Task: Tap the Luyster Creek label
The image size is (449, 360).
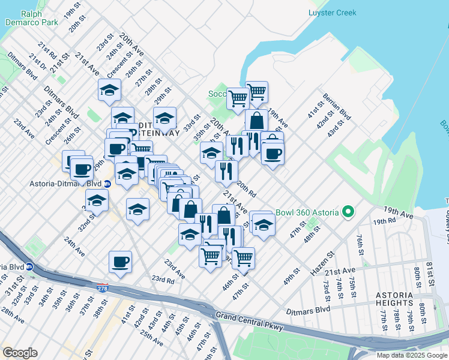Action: point(332,13)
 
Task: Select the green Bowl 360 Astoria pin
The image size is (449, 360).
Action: point(347,212)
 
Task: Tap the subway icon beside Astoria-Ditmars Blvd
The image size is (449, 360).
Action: point(107,184)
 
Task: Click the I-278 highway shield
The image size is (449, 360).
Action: point(103,288)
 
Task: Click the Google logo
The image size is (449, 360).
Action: point(20,353)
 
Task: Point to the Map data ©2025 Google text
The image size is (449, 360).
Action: point(412,355)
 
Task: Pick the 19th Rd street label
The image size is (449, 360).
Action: point(384,221)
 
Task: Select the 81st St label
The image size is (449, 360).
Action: point(430,274)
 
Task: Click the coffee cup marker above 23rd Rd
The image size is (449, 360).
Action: point(120,262)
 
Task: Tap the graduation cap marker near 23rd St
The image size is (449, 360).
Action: point(109,90)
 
